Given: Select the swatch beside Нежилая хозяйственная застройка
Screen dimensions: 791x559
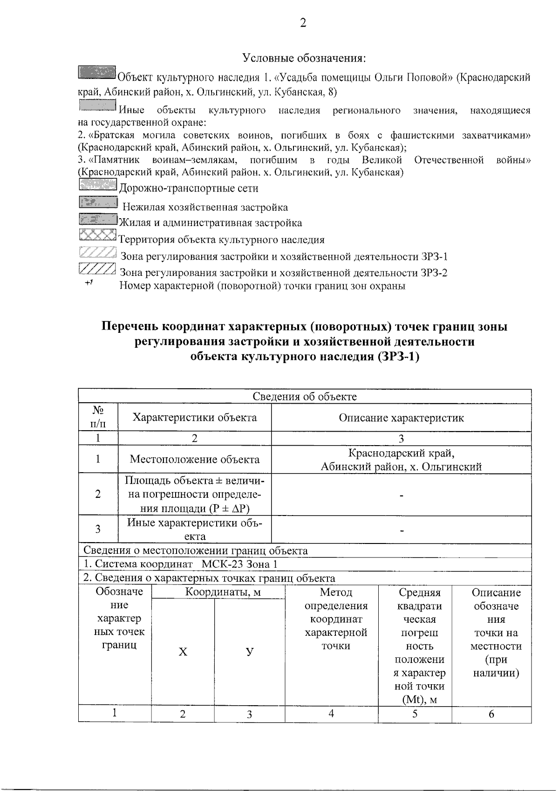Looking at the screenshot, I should tap(97, 203).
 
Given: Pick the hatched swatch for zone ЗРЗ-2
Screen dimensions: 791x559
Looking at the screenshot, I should tap(97, 269).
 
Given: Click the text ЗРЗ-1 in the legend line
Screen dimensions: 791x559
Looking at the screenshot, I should tap(433, 256).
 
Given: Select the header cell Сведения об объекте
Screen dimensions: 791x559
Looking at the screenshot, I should tap(305, 397).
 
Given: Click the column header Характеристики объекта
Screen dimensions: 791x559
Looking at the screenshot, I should tap(195, 417).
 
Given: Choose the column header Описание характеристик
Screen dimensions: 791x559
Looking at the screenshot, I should tap(401, 418).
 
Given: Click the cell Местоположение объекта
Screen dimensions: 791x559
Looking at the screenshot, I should tap(195, 459).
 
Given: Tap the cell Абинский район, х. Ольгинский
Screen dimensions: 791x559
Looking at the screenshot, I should tap(401, 467).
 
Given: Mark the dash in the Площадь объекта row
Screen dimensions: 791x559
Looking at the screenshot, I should tap(401, 495).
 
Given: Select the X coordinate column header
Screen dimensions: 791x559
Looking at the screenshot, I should tap(183, 652).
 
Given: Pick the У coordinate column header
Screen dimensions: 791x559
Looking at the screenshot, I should tap(250, 652).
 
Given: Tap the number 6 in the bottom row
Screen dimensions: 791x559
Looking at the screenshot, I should tap(491, 714).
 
